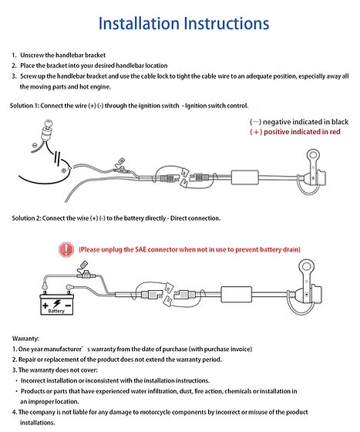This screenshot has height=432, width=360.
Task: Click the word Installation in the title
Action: point(139,23)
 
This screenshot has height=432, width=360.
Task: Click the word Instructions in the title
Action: point(226,23)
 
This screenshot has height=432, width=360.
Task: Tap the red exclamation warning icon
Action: point(66,250)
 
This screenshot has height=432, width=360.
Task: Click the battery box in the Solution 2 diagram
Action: point(57,305)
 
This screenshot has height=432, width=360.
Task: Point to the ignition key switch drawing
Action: point(46,131)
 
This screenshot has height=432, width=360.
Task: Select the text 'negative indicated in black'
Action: point(305,122)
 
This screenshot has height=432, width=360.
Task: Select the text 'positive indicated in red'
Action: point(302,132)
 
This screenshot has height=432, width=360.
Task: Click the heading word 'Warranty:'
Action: point(25,339)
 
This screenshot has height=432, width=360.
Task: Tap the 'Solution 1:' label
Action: point(24,106)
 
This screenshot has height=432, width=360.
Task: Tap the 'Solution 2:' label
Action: point(26,218)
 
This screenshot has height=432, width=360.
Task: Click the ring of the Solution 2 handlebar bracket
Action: point(306,266)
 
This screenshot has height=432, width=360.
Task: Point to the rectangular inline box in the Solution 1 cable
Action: point(245,177)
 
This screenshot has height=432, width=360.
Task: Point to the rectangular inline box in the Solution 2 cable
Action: point(237,294)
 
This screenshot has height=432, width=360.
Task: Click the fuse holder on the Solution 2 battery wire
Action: point(86,275)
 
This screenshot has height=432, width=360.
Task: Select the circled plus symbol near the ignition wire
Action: point(63,170)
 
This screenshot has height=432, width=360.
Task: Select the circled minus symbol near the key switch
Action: point(35,145)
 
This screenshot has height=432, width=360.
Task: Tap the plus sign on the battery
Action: point(45,305)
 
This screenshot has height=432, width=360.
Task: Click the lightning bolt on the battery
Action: point(57,303)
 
